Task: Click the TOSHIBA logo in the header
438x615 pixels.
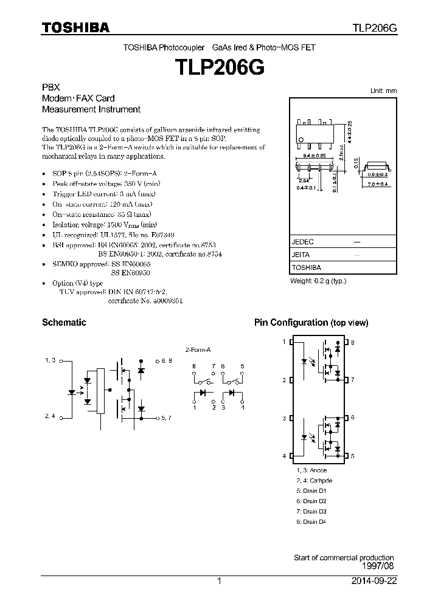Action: [x=75, y=28]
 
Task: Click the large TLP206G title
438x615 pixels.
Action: [x=219, y=66]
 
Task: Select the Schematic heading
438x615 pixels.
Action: [x=64, y=323]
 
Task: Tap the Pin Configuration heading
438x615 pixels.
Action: [x=311, y=323]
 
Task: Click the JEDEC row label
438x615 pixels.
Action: [x=302, y=242]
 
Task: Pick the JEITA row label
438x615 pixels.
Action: [x=301, y=255]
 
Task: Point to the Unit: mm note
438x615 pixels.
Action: [x=383, y=91]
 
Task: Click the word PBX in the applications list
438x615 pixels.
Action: [x=50, y=87]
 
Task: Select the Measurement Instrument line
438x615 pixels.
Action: [x=91, y=109]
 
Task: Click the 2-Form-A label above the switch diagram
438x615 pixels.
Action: [x=198, y=350]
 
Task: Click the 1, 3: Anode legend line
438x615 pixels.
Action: [x=311, y=470]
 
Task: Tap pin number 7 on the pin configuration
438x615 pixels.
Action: [x=353, y=380]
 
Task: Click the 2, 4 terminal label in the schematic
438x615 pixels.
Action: [x=50, y=416]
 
